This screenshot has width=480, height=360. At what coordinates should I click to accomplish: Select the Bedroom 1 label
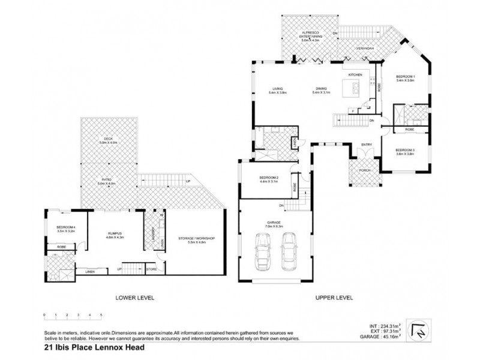tap(406, 79)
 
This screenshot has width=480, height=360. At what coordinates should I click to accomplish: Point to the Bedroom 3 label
tap(406, 152)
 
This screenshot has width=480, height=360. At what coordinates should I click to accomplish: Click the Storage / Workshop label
tap(197, 239)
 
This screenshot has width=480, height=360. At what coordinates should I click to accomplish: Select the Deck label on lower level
tap(109, 141)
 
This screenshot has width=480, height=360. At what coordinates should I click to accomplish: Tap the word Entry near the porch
tap(365, 145)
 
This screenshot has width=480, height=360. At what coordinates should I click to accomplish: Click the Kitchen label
tap(356, 74)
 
